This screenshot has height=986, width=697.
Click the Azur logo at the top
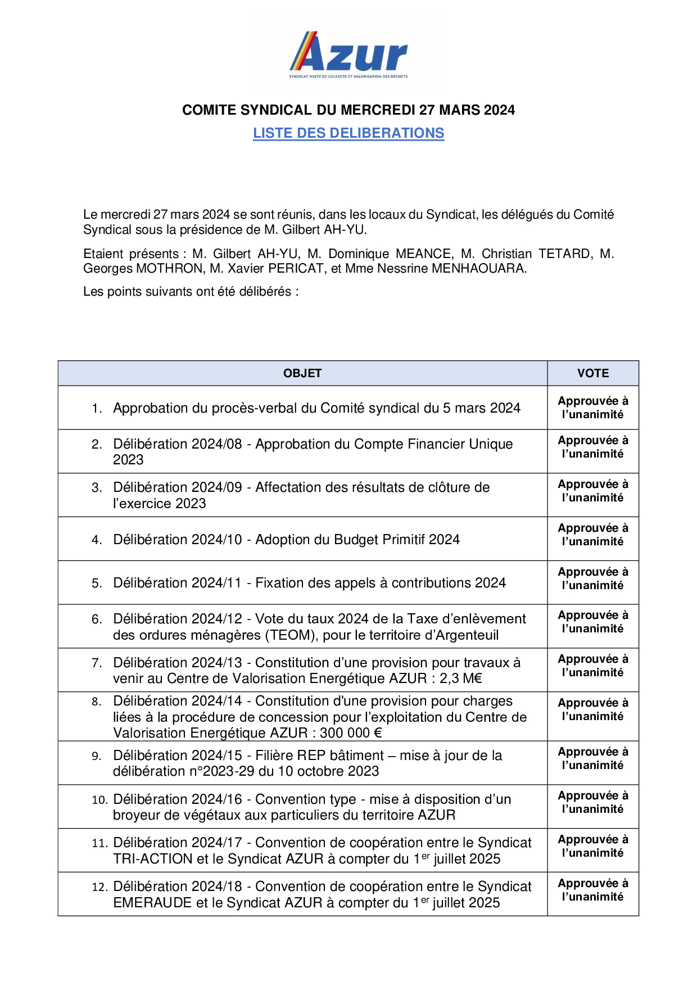348,55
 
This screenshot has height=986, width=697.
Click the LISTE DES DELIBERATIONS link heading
348,133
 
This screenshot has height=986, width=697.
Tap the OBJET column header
302,373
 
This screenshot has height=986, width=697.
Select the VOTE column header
593,373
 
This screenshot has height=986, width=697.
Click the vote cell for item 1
593,408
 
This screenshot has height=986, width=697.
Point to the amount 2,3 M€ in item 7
461,679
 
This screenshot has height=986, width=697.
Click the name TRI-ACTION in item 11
153,859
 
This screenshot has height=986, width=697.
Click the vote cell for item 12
593,890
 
